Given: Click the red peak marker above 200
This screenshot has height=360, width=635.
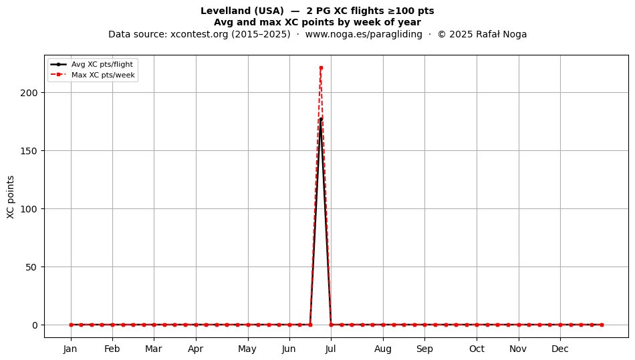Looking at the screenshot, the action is [x=321, y=68].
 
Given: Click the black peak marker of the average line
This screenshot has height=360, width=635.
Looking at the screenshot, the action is [x=321, y=119].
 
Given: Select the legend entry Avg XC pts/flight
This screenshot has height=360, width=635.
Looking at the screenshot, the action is [x=102, y=64].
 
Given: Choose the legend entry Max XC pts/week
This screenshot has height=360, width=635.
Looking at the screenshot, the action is [x=103, y=75].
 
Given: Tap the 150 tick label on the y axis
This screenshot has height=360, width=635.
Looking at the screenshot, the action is [x=29, y=151].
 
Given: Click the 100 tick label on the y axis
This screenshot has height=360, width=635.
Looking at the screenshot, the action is [x=29, y=209].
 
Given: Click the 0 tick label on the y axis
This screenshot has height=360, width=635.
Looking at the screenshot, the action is [x=35, y=325].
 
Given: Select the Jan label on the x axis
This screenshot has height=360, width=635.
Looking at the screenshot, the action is [x=70, y=349].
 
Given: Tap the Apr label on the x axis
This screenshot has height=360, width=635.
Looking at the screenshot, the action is [x=196, y=349].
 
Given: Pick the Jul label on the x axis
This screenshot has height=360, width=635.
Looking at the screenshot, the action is [x=330, y=349].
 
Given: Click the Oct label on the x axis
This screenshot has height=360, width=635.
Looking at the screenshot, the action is [x=477, y=349].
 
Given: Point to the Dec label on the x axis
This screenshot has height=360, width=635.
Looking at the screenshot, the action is [x=560, y=349].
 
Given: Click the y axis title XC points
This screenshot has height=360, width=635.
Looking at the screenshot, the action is [x=11, y=197].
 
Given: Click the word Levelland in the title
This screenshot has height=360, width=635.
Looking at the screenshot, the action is [x=222, y=11].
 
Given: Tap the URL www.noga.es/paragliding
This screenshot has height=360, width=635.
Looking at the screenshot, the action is [x=364, y=34].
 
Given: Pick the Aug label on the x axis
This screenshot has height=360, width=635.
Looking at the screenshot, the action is [x=383, y=349].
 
